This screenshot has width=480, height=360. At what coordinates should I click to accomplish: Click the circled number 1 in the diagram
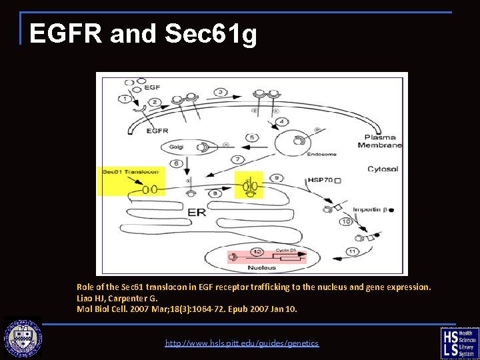point(124,99)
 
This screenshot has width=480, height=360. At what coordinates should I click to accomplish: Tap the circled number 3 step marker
point(220,91)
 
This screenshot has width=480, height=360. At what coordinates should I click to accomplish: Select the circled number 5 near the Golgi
point(251,138)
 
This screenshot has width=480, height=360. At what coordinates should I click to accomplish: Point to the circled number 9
point(277,178)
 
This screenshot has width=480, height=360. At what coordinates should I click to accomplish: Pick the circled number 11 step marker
point(352,251)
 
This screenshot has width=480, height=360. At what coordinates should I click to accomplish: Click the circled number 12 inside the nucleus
point(257,251)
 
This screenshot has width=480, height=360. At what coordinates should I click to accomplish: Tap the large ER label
point(196,211)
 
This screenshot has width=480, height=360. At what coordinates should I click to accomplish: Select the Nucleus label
point(263,267)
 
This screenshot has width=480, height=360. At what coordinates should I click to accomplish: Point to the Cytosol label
point(383,169)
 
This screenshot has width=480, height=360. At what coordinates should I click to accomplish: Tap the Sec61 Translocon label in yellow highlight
point(130,172)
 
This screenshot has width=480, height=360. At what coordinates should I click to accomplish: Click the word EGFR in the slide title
point(65,33)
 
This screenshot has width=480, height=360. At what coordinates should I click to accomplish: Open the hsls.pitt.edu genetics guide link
point(242,343)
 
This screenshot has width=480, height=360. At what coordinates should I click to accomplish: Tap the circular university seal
point(23,337)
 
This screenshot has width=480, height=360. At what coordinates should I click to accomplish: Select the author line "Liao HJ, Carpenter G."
point(117,298)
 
